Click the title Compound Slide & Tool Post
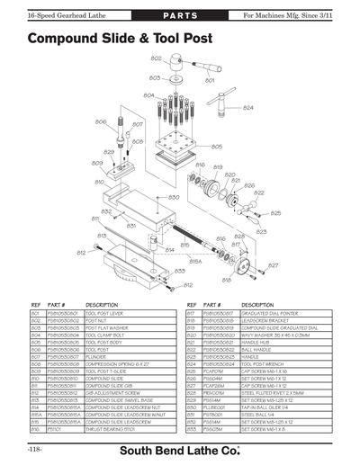click(x=120, y=40)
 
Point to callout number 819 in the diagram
click(x=217, y=166)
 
